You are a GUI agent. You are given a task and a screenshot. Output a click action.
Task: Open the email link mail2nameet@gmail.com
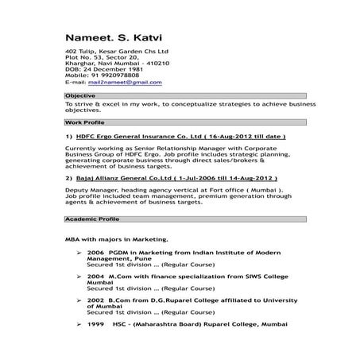[x=119, y=82]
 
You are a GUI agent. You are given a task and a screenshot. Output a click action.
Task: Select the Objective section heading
[x=80, y=95]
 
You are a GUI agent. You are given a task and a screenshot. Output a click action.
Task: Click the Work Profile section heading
[x=84, y=124]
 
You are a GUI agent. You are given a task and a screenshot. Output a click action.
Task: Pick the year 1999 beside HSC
[x=96, y=325]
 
